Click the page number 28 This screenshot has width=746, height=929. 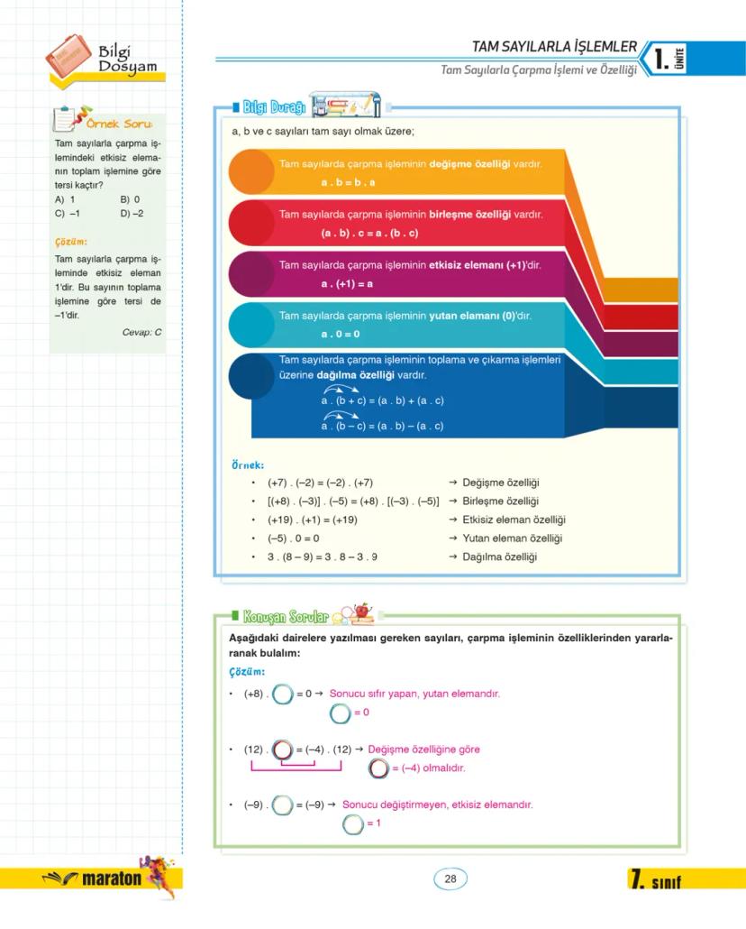point(450,879)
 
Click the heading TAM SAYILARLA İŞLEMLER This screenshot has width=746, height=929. point(554,47)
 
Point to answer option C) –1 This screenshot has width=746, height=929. point(68,214)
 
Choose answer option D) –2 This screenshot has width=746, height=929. point(132,214)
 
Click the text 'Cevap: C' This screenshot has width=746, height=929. point(141,332)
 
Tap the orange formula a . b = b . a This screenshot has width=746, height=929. point(348,183)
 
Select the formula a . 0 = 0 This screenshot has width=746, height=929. point(341,335)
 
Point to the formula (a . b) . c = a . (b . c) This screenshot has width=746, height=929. point(369,234)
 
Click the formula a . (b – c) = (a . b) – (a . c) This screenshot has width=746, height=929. point(382,426)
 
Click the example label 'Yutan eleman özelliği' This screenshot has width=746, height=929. point(512,538)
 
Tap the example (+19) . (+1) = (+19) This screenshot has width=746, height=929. point(313,520)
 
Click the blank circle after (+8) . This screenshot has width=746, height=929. point(283,694)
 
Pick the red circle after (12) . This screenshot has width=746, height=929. point(283,750)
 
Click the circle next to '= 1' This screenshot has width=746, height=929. point(353,823)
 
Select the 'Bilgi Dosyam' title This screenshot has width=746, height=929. point(127,60)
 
